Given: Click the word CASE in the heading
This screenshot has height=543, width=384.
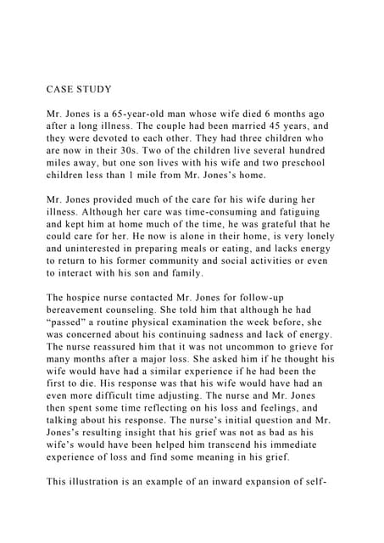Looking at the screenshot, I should [x=61, y=85].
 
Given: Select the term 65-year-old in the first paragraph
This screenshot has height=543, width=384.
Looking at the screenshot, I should [x=159, y=114].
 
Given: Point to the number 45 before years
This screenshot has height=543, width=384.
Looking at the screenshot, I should [x=291, y=128].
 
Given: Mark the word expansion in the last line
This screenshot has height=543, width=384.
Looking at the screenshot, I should [x=285, y=484].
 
